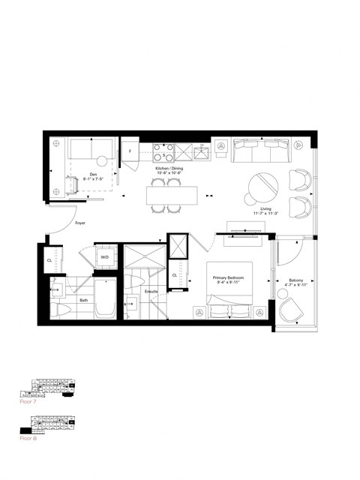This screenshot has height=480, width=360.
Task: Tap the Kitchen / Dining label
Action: [169, 170]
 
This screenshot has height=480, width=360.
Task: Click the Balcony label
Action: [296, 283]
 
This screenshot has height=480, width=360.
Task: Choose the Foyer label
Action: [79, 223]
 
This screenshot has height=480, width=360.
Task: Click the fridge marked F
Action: [130, 151]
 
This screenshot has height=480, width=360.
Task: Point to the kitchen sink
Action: [200, 153]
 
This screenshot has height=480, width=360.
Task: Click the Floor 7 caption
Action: [28, 403]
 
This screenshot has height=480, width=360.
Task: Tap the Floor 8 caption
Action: [28, 438]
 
